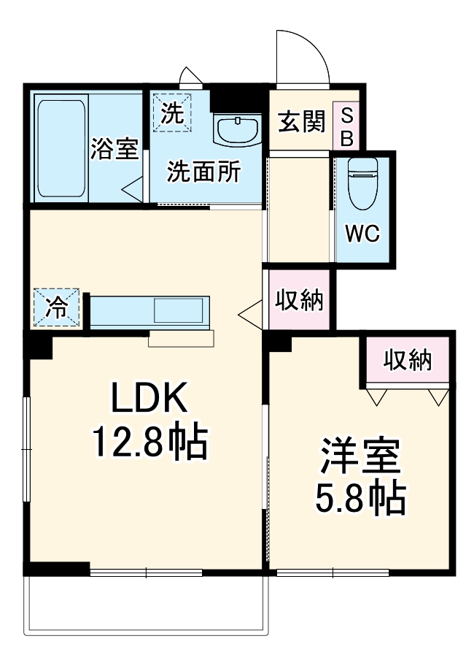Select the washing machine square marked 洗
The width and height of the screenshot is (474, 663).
point(172,112)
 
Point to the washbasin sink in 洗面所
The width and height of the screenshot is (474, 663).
point(237,130)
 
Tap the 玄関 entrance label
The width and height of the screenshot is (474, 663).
point(300,123)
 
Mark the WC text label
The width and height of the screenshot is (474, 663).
point(362,234)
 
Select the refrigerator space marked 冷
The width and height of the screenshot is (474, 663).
point(56,307)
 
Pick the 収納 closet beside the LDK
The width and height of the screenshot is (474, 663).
point(299,300)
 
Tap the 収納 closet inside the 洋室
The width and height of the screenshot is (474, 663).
point(408,360)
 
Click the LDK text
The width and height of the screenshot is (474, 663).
point(149,398)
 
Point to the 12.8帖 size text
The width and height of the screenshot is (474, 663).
point(149,440)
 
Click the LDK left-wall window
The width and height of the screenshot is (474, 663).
point(26,448)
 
